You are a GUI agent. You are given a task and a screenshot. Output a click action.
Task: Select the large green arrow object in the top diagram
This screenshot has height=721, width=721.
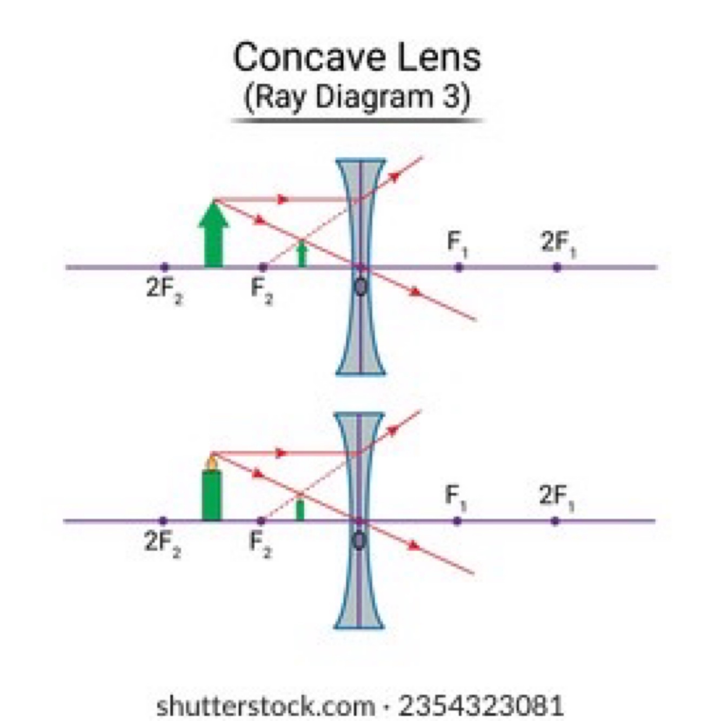(x=213, y=235)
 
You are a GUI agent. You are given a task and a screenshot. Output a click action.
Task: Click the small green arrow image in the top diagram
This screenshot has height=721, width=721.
(x=302, y=253)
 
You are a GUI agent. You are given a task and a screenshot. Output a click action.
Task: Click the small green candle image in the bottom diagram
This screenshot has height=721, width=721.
(x=300, y=510)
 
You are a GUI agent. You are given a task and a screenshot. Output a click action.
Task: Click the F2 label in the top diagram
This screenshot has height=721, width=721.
(x=262, y=290)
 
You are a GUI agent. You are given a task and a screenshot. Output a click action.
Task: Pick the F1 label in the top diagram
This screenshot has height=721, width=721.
(x=458, y=243)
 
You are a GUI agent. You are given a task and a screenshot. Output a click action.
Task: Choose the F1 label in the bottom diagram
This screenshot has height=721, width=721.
(x=456, y=496)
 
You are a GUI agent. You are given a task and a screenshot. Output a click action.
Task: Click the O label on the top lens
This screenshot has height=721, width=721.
(x=360, y=286)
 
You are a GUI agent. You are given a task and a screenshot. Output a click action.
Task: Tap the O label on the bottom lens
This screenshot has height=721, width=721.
(x=359, y=540)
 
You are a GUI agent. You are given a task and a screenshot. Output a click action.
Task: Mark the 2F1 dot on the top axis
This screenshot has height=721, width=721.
(x=557, y=267)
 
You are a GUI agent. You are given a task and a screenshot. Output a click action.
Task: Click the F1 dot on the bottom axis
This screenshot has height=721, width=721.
(x=457, y=521)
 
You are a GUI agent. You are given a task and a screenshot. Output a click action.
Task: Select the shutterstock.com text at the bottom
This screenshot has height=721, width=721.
(x=265, y=706)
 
